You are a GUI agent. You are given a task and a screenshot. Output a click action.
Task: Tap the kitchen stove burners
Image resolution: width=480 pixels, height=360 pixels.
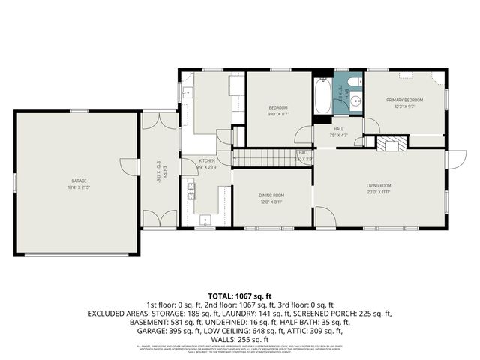pos(190,190)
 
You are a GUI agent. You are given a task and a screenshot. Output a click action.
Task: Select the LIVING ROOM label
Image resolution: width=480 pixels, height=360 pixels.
pos(379,185)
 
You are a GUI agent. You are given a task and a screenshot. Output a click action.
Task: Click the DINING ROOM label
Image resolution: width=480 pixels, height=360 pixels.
pos(271,197)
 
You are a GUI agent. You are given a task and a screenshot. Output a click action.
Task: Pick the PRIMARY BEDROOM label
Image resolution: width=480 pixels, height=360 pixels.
pos(404,100)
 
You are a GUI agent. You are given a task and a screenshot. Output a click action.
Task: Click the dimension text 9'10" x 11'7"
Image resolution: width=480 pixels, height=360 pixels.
pos(278,114)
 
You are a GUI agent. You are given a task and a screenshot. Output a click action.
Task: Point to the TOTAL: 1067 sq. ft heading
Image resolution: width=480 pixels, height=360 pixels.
pos(240,296)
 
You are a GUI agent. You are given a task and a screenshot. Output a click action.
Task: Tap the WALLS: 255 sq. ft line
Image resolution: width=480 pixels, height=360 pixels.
pos(240,338)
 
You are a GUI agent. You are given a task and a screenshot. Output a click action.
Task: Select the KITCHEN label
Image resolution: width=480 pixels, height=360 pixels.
pos(207,160)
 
